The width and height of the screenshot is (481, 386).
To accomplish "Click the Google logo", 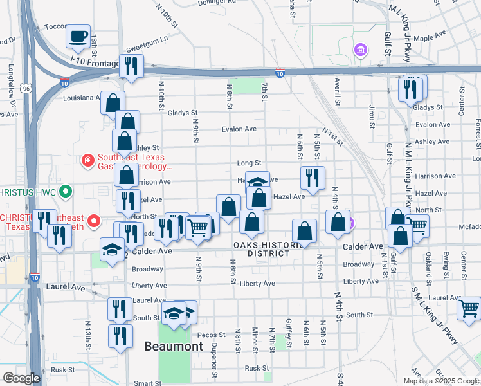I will coord(21,378).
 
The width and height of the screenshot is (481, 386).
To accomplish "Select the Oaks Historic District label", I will coord(269,249).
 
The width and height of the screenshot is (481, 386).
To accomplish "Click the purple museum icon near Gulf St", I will coord(360,50).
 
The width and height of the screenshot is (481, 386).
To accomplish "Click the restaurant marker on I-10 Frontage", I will coord(131,66).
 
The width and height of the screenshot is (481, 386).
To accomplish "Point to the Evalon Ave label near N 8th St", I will coord(239,129).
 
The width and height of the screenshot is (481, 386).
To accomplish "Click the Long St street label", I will coord(249,163).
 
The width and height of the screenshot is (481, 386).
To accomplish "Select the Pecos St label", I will coord(212,335).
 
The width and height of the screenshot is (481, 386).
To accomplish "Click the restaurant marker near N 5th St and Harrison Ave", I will coord(313,178).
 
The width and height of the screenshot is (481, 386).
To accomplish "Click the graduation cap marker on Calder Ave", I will coord(112,249).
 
